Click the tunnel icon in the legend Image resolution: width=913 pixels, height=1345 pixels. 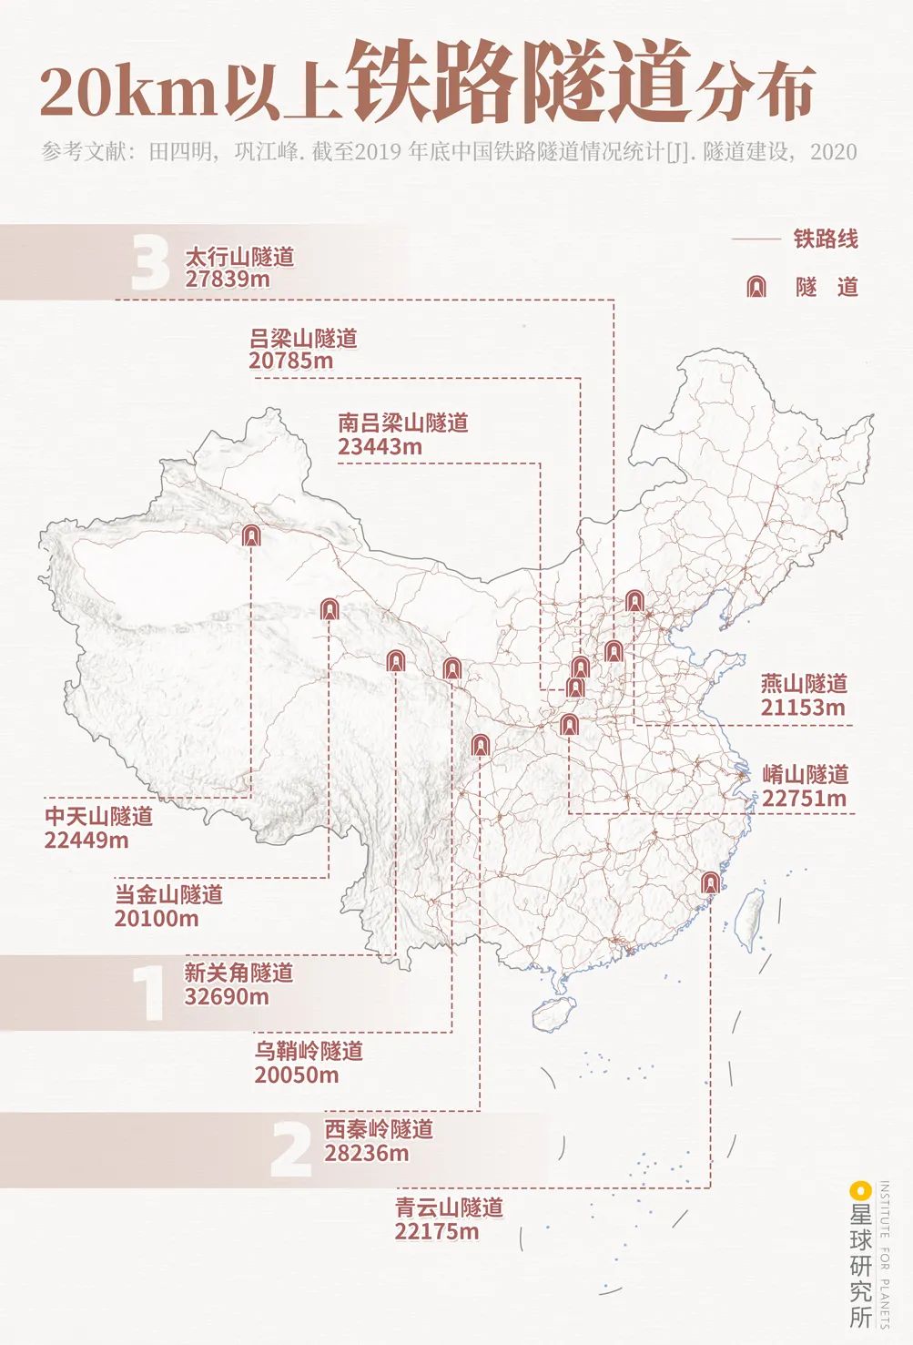pos(756,287)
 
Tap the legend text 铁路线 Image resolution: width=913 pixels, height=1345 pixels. pos(825,239)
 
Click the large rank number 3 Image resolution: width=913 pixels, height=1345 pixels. pos(150,264)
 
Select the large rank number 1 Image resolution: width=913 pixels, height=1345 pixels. pos(147,993)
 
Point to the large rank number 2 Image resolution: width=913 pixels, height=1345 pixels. pos(291,1149)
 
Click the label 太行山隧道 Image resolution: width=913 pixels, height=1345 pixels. pos(239,257)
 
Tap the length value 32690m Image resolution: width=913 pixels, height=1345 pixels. pos(227,996)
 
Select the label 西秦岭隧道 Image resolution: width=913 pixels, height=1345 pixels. pos(379,1129)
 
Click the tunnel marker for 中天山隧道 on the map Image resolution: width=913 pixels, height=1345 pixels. pos(251,535)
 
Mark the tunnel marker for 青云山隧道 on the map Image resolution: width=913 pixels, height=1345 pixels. pos(710,881)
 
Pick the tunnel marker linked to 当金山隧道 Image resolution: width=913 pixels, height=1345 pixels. pos(330,608)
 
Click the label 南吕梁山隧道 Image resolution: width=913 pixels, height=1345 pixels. pos(402,423)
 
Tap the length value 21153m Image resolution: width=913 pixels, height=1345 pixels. pos(803,708)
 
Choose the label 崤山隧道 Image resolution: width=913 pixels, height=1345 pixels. pos(806,774)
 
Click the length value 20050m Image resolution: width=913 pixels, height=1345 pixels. pos(297,1075)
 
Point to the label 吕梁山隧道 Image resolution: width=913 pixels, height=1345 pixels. pos(303,339)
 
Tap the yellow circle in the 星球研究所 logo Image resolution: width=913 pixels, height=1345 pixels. pos(856,1189)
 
